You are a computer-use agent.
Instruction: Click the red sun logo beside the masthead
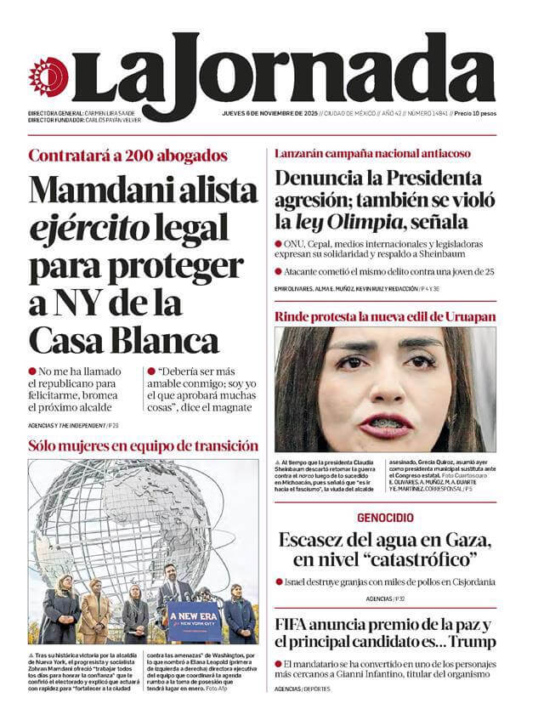(x=48, y=77)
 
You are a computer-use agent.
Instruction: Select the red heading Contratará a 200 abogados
(x=127, y=156)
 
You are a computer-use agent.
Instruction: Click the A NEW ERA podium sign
(x=194, y=613)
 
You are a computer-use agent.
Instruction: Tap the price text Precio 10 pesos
(x=474, y=113)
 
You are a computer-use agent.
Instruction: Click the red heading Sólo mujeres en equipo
(x=143, y=445)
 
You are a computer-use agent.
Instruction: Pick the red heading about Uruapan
(x=384, y=317)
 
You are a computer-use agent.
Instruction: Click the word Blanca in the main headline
(x=163, y=342)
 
